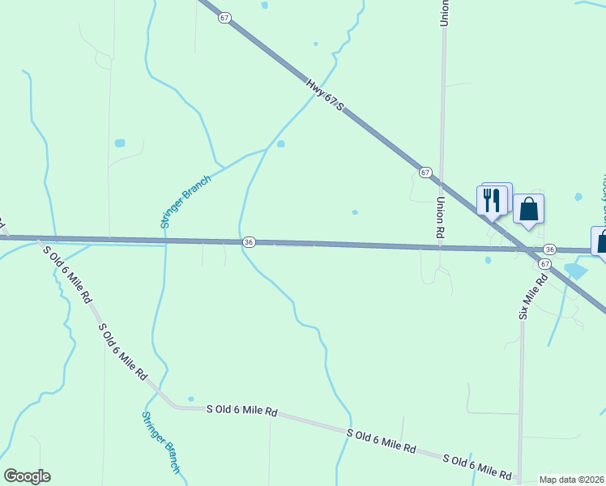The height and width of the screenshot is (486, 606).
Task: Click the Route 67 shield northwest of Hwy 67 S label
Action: [x=224, y=18]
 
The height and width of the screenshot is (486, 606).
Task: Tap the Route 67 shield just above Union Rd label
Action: [x=425, y=173]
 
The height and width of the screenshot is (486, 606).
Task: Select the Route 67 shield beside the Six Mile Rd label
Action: [x=544, y=264]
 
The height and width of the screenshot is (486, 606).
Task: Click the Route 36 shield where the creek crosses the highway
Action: [x=249, y=242]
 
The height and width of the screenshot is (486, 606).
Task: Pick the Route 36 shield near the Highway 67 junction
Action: [x=549, y=249]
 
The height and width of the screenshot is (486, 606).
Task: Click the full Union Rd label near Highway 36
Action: [x=442, y=219]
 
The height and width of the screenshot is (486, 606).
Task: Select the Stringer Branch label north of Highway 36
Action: [x=186, y=202]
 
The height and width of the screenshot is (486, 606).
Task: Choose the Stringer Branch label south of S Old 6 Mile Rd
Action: [x=160, y=441]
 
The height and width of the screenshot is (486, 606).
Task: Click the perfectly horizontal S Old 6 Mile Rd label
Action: [x=241, y=411]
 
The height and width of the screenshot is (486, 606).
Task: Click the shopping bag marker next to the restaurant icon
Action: [x=528, y=209]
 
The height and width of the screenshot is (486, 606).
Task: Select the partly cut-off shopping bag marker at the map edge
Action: [x=601, y=241]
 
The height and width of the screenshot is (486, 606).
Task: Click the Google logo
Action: [x=27, y=476]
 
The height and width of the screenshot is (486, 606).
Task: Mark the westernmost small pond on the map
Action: [x=120, y=143]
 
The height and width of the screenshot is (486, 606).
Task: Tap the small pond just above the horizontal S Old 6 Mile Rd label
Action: [x=190, y=399]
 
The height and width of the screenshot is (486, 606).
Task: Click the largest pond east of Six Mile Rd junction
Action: [x=574, y=271]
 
